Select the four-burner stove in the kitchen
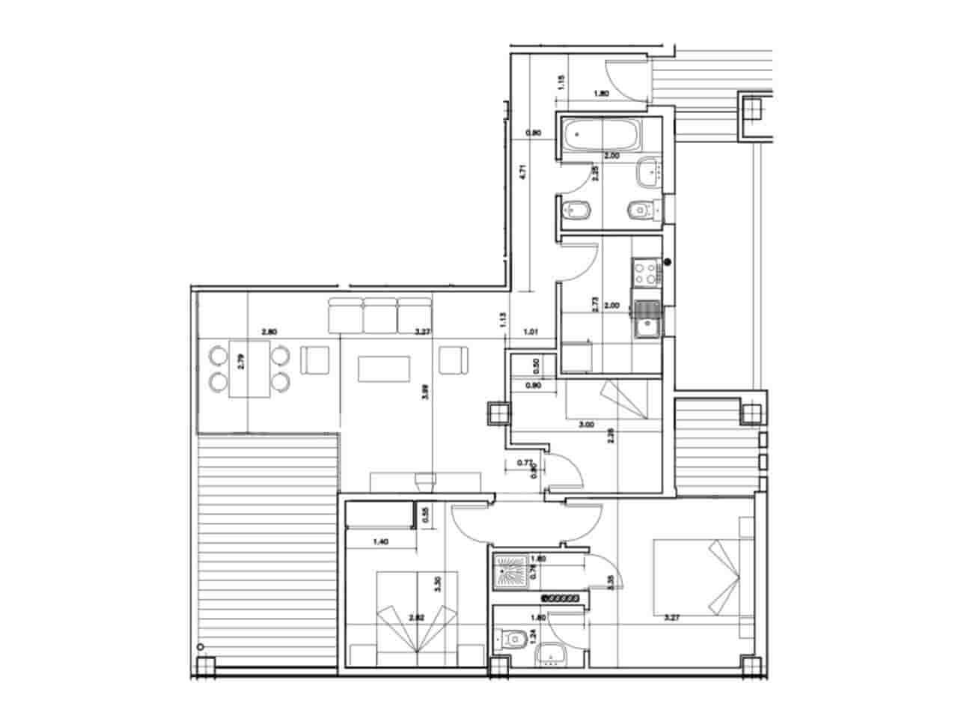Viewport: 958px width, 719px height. click(x=645, y=271)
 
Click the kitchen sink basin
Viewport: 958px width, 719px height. click(x=644, y=327)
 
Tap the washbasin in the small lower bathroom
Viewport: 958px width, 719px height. click(x=553, y=654)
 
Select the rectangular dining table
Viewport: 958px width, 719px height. click(x=249, y=369)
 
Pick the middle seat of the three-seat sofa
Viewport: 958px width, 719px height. click(x=380, y=315)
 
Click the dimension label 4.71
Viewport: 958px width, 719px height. click(x=525, y=171)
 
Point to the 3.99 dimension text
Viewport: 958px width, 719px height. click(x=425, y=392)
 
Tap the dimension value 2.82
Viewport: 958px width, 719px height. click(x=417, y=618)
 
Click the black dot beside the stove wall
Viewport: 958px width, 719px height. click(x=668, y=262)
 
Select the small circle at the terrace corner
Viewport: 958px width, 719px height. click(x=199, y=646)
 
